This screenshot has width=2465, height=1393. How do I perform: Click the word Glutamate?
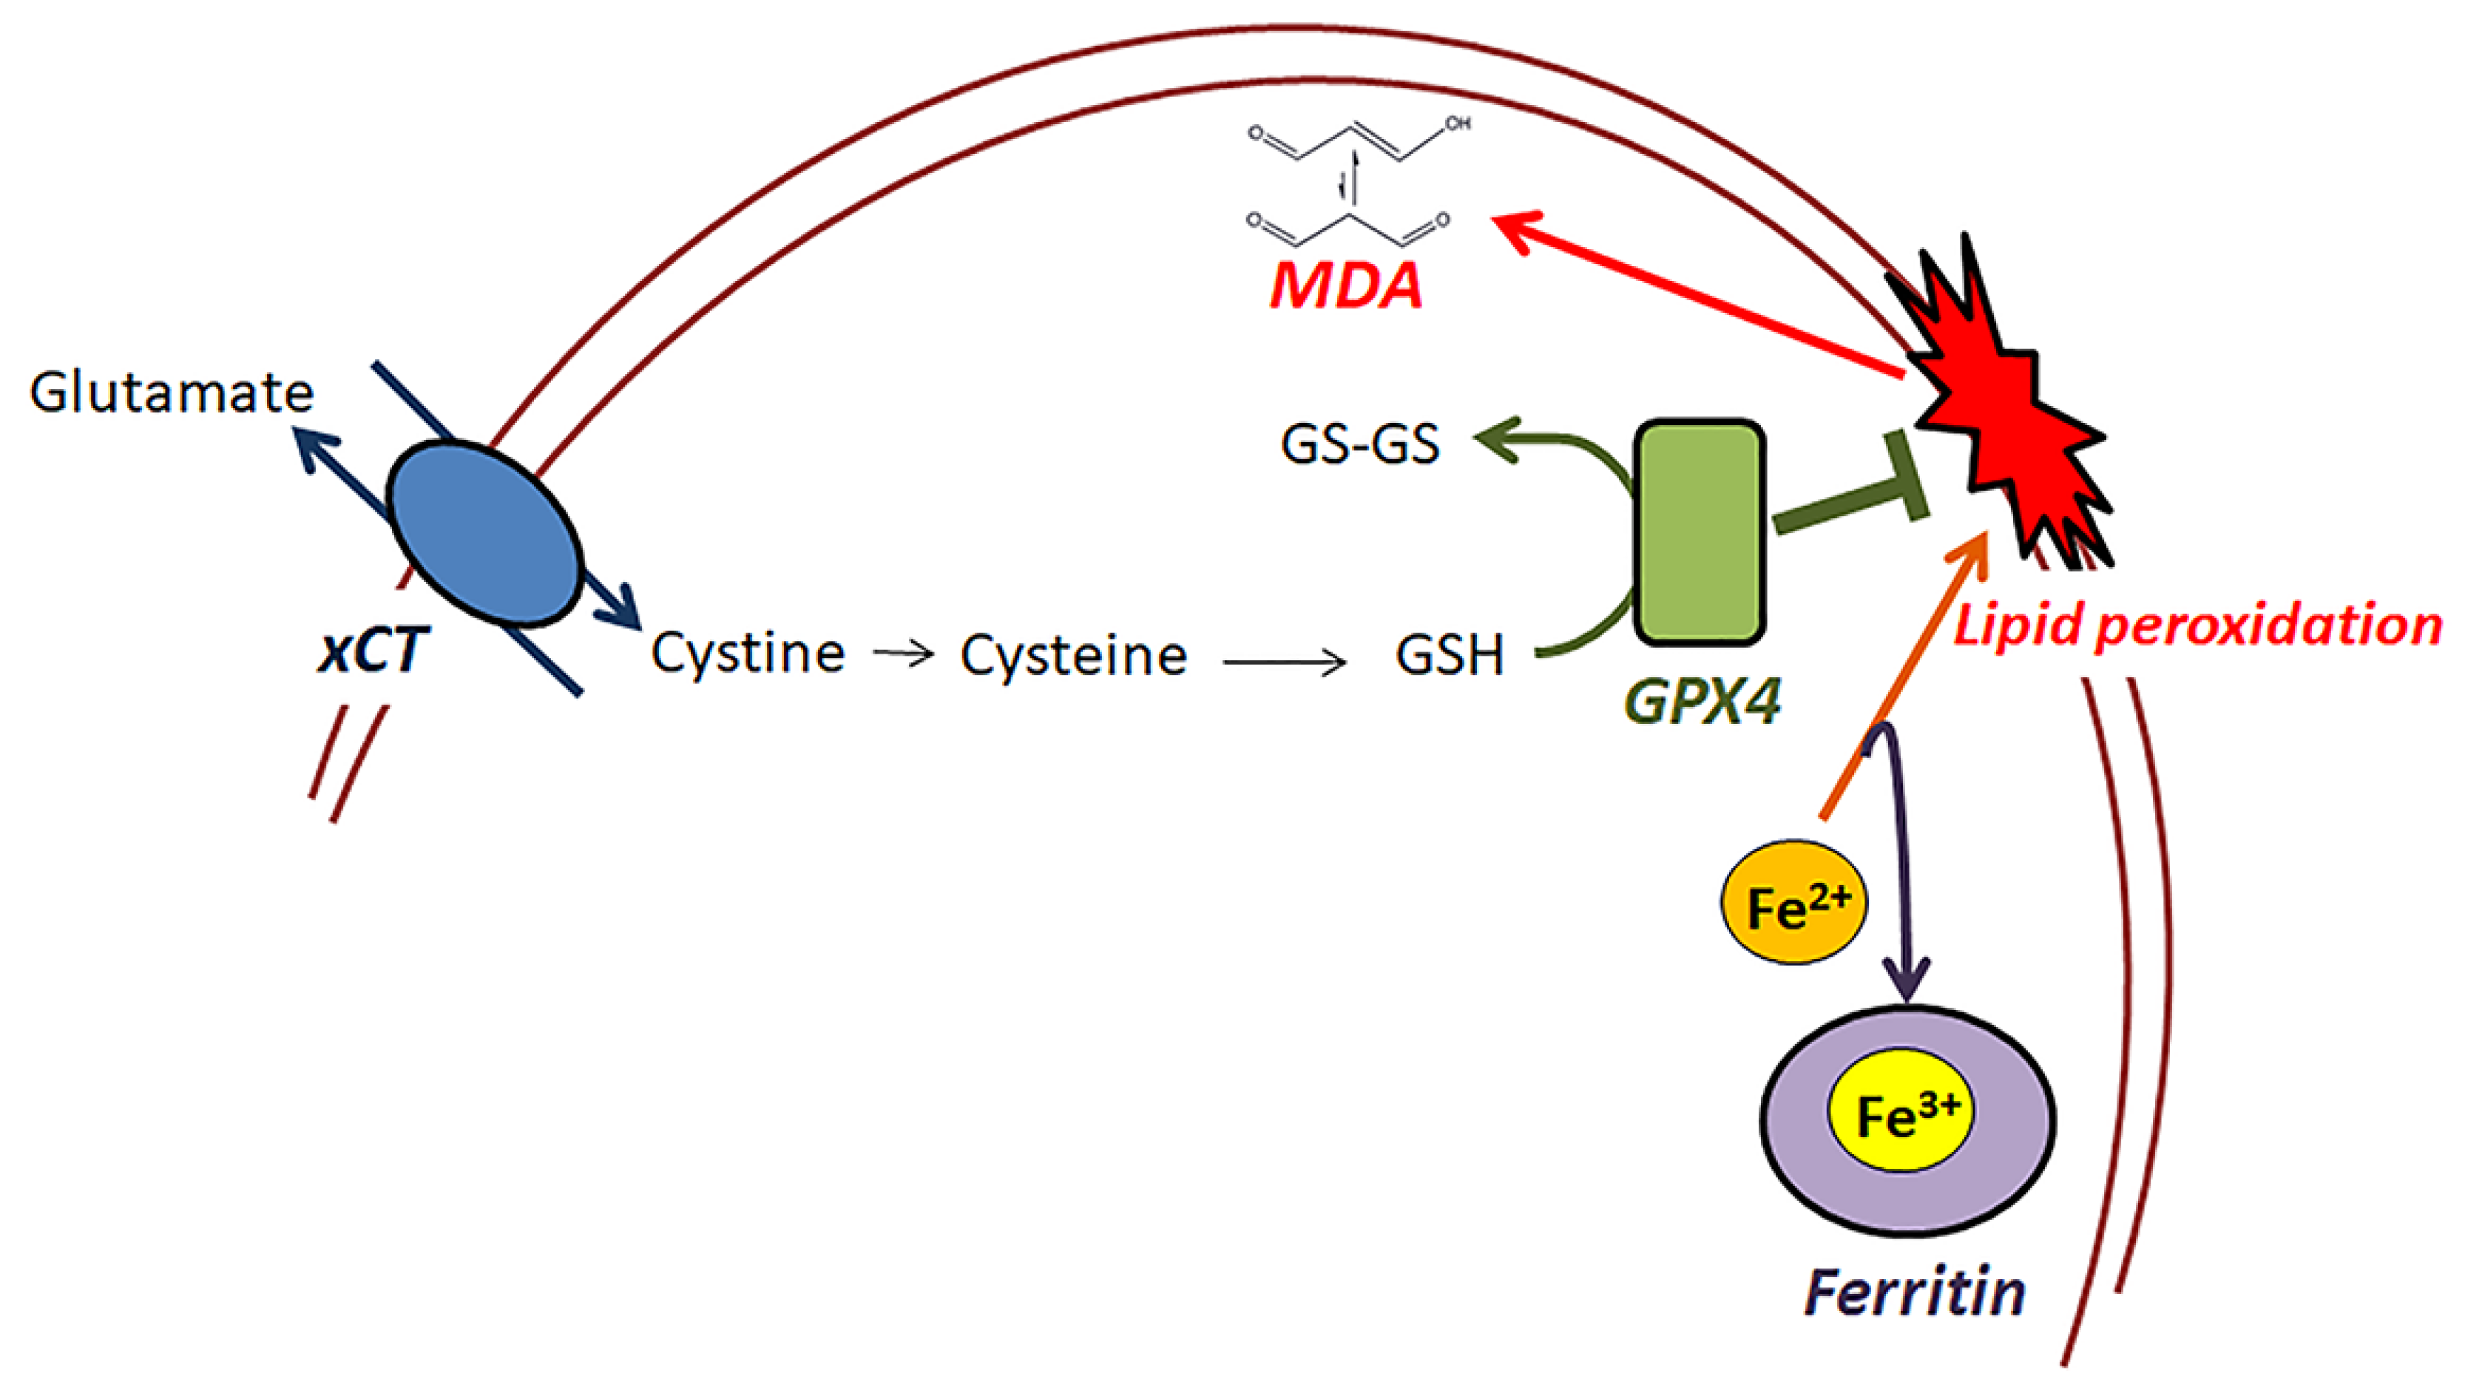point(172,393)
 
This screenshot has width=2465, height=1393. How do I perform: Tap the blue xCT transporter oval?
point(485,534)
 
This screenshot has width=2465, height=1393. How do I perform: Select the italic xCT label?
point(371,651)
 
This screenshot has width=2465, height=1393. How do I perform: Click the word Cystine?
point(748,654)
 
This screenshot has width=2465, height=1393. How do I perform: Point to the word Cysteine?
point(1074,655)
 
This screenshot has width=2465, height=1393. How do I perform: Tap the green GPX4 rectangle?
point(1700,532)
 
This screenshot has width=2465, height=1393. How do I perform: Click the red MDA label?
point(1346,285)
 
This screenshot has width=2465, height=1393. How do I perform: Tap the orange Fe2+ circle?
point(1794,902)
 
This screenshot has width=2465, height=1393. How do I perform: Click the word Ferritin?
point(1915,1292)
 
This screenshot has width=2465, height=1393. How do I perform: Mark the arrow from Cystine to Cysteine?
point(903,654)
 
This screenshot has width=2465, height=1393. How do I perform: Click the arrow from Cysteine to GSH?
point(1284,661)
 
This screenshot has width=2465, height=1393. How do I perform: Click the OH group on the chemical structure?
point(1458,123)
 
